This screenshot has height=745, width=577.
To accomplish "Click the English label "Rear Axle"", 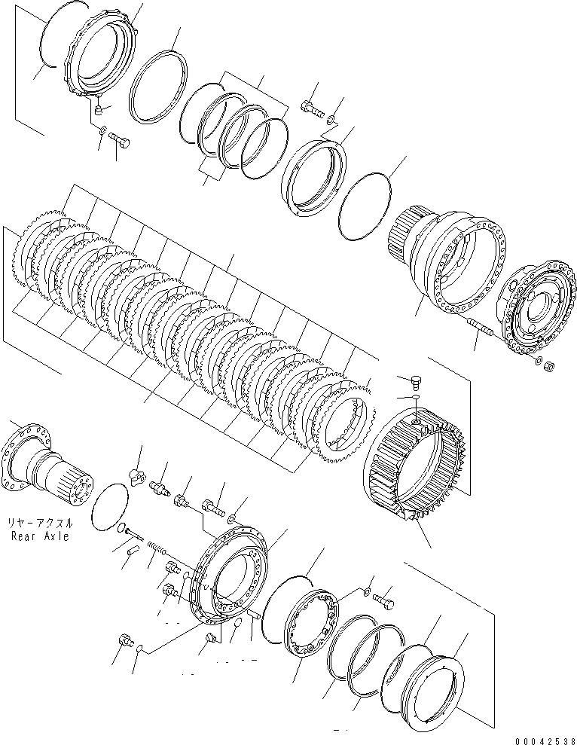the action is pyautogui.click(x=41, y=536).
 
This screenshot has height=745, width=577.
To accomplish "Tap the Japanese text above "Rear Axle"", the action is pyautogui.click(x=41, y=524).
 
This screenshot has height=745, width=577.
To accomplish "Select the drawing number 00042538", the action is pyautogui.click(x=545, y=740).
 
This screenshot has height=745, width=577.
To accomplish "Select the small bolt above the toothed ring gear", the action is pyautogui.click(x=415, y=380).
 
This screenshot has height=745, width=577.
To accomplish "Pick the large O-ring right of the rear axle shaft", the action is pyautogui.click(x=108, y=506).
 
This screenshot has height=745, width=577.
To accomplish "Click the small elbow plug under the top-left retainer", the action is pyautogui.click(x=98, y=110).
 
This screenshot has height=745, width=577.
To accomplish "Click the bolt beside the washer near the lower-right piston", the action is pyautogui.click(x=383, y=601).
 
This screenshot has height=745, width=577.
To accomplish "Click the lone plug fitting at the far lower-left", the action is pyautogui.click(x=125, y=640).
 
